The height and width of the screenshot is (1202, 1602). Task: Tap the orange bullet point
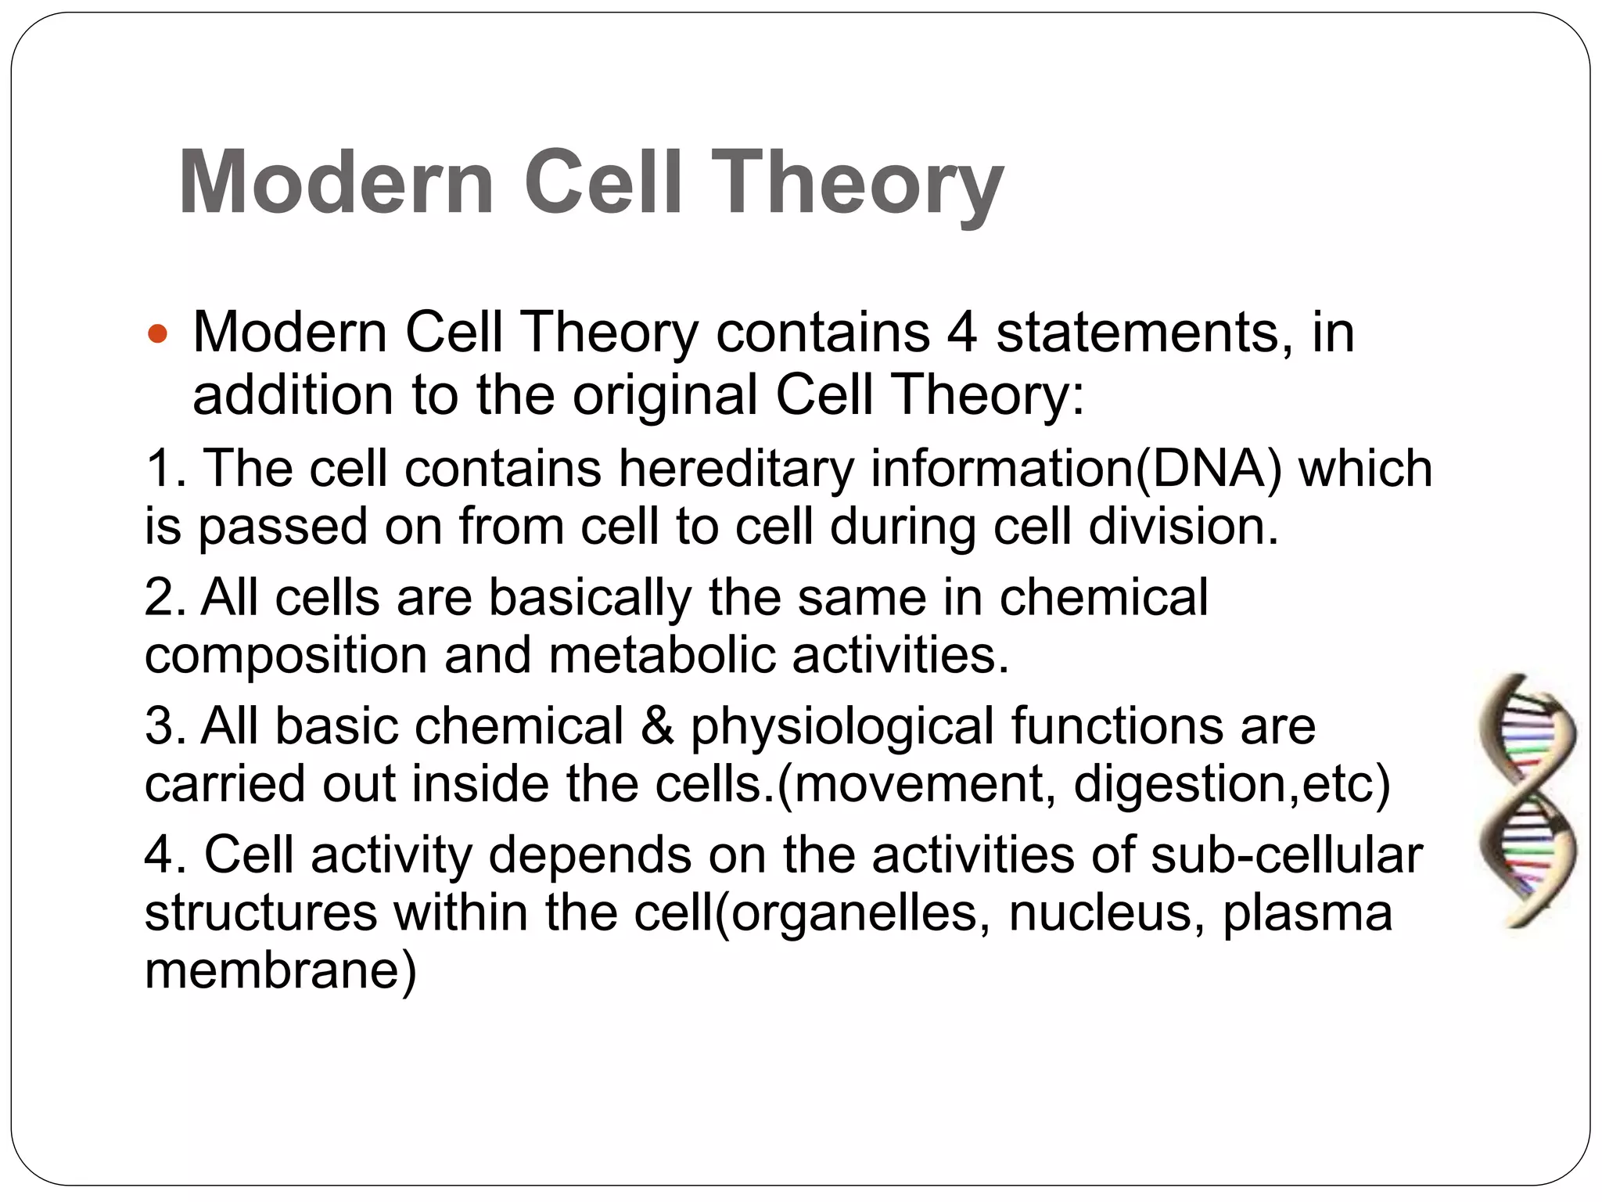pos(157,335)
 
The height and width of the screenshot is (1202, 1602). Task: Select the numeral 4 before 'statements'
pos(961,333)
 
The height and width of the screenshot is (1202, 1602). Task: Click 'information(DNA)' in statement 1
pos(1076,468)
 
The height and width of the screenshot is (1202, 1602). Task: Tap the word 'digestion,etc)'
pos(1232,784)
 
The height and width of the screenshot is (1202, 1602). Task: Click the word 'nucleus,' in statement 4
pos(1106,912)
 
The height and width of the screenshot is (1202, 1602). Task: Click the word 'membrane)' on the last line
pos(281,970)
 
